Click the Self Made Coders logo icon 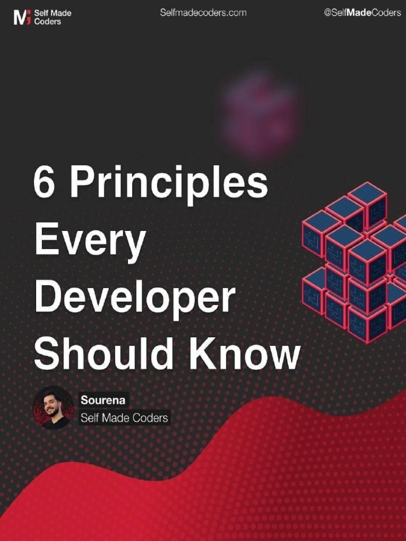[x=22, y=17]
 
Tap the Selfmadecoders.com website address [x=203, y=13]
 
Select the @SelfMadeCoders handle [x=362, y=13]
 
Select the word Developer [x=135, y=299]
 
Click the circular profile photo [x=53, y=407]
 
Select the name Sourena [x=103, y=400]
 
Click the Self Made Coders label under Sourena [x=124, y=418]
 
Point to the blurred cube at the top [x=261, y=114]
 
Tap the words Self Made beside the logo [x=52, y=13]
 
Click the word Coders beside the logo [x=48, y=22]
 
